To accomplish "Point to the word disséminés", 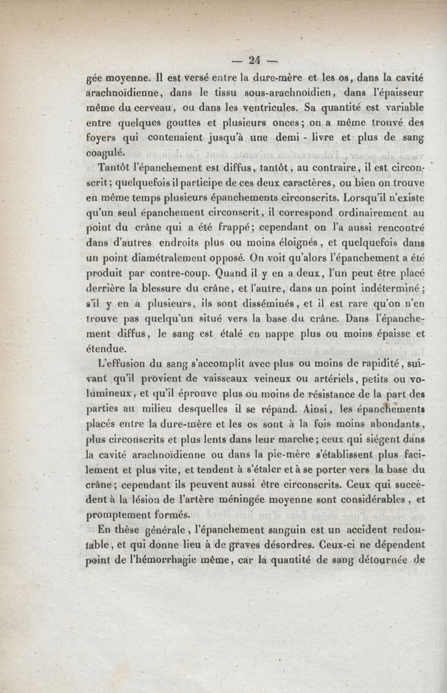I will point(263,305).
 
